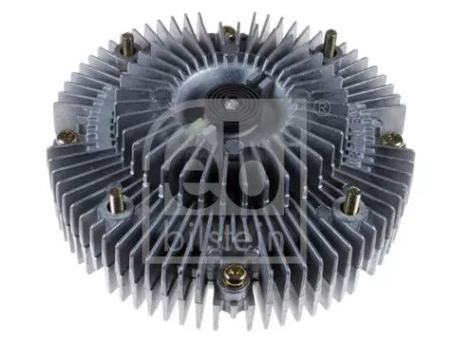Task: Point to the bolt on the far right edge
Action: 392,140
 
